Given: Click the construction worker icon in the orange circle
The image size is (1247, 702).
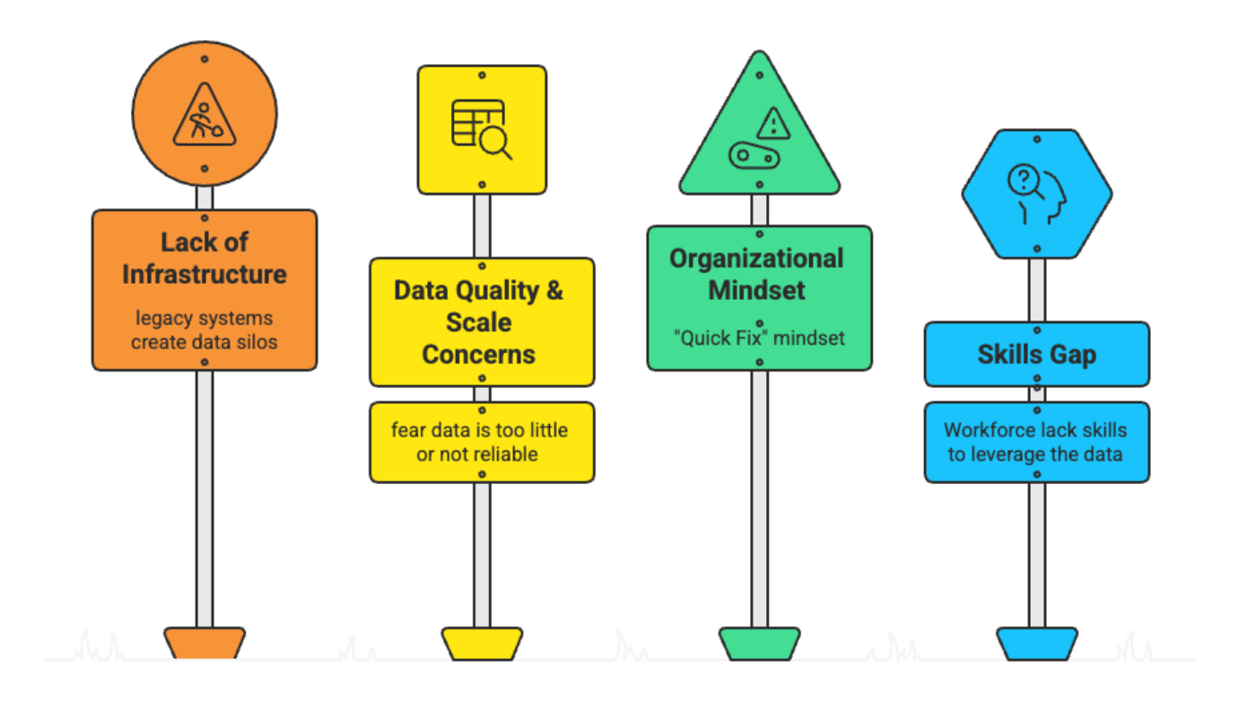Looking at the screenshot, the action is pyautogui.click(x=205, y=114).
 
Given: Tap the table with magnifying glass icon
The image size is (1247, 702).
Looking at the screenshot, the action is pyautogui.click(x=481, y=129).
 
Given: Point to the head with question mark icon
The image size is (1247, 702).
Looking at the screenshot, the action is pyautogui.click(x=1036, y=193).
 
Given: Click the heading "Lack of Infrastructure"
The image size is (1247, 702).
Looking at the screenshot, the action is pyautogui.click(x=205, y=258).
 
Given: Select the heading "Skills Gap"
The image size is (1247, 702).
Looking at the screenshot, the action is pyautogui.click(x=1036, y=355).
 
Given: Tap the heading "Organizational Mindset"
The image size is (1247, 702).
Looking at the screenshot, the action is pyautogui.click(x=758, y=274).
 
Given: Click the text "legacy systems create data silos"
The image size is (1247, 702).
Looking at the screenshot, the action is pyautogui.click(x=205, y=329).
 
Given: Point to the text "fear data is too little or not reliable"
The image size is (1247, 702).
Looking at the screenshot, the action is pyautogui.click(x=480, y=442).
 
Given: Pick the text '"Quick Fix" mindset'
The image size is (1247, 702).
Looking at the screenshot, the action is pyautogui.click(x=758, y=339).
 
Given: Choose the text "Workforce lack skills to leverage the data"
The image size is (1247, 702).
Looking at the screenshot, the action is pyautogui.click(x=1036, y=442).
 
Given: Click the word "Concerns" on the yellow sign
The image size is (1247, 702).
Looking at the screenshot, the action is pyautogui.click(x=479, y=355).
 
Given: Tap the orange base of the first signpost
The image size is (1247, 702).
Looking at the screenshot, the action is pyautogui.click(x=205, y=643).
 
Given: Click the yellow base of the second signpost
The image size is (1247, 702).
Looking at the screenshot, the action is pyautogui.click(x=482, y=643).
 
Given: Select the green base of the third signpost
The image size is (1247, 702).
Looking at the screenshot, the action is pyautogui.click(x=759, y=643).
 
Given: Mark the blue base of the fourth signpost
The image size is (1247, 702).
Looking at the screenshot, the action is pyautogui.click(x=1036, y=643).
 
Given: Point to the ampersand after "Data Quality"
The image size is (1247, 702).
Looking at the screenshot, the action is pyautogui.click(x=554, y=291).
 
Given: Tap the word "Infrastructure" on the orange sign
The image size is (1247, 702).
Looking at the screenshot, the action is pyautogui.click(x=205, y=274).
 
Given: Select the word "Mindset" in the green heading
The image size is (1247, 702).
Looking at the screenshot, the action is pyautogui.click(x=758, y=290).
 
